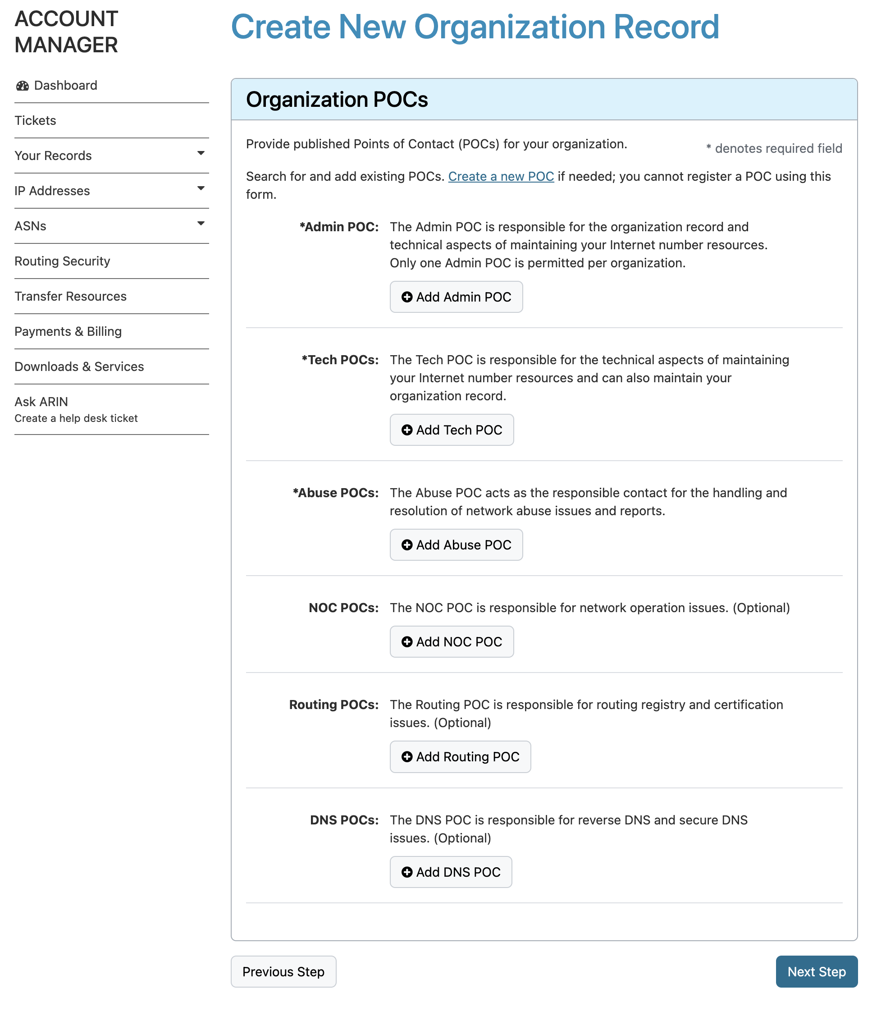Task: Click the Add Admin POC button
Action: (456, 297)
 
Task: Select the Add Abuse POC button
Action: (456, 545)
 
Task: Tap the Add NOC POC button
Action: (451, 642)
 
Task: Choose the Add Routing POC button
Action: (460, 756)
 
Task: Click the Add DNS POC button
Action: (450, 872)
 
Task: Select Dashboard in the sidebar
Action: (65, 86)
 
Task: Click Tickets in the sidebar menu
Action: (35, 121)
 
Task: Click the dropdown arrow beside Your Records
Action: (201, 153)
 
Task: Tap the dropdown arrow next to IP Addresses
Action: (201, 188)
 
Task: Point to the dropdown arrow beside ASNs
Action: (201, 224)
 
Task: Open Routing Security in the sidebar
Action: (62, 261)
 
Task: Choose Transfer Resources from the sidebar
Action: (71, 297)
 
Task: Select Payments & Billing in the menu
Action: (68, 332)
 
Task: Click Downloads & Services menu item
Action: (79, 367)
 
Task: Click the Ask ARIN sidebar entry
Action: (41, 402)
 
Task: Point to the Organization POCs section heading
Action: (337, 100)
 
